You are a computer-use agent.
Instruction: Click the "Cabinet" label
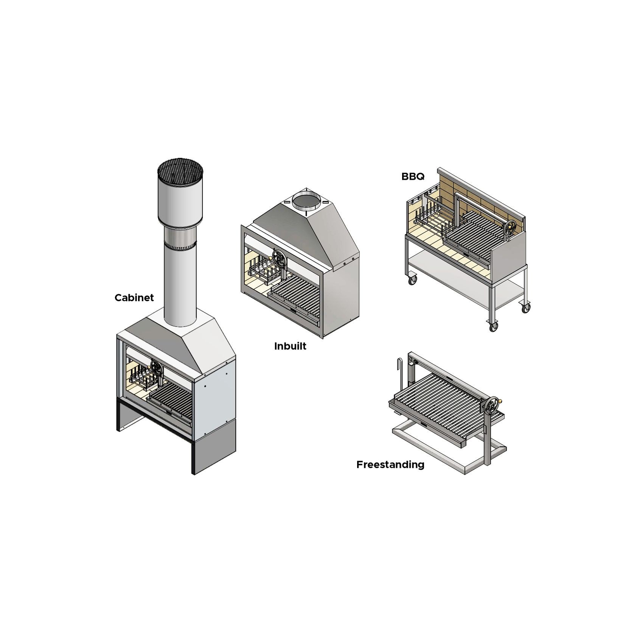click(134, 298)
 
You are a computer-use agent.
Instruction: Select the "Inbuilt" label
click(290, 346)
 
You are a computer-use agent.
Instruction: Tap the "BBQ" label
click(413, 176)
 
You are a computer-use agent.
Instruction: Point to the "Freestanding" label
click(390, 465)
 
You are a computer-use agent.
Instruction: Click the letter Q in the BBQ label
click(420, 177)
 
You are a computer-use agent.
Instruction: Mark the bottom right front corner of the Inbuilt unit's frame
click(324, 337)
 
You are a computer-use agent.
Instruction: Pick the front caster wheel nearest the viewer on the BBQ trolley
click(493, 326)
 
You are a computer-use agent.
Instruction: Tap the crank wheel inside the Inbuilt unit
click(279, 259)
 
